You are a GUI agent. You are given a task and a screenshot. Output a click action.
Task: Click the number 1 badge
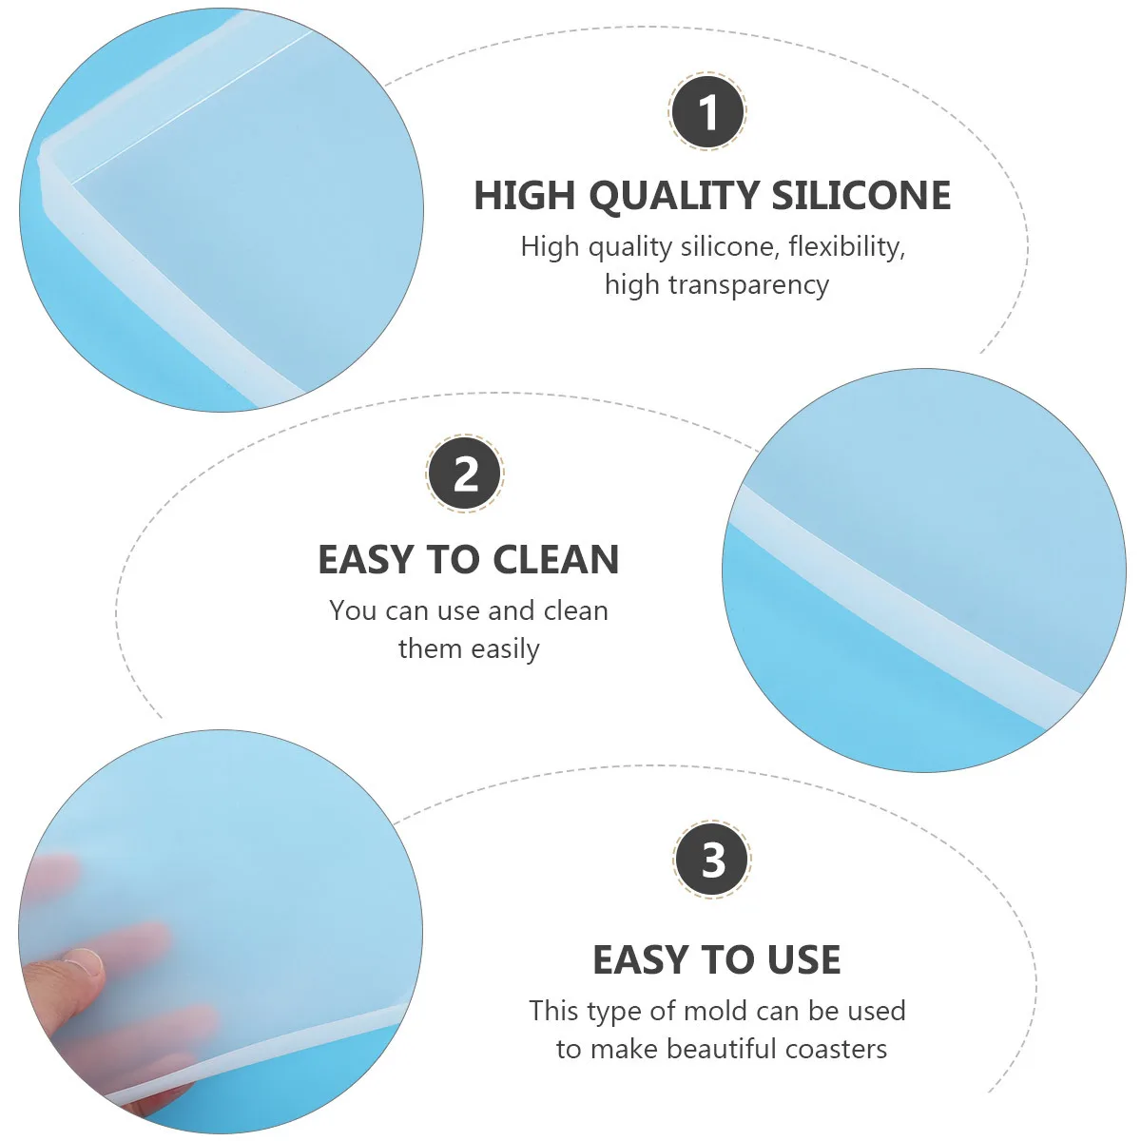(x=708, y=112)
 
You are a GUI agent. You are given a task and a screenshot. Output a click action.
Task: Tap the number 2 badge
(x=465, y=474)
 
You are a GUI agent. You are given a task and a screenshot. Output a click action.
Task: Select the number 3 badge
(x=712, y=860)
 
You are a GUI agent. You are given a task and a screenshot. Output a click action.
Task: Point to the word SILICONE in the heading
(x=861, y=195)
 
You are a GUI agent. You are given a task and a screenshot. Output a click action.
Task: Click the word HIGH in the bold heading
(x=525, y=195)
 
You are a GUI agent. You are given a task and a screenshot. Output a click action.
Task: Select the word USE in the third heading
(x=804, y=960)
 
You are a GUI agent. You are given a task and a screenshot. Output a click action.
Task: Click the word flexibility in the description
(x=846, y=246)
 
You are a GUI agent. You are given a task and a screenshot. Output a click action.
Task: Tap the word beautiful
(x=722, y=1049)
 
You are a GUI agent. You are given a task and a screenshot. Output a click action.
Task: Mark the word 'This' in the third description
(x=553, y=1010)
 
